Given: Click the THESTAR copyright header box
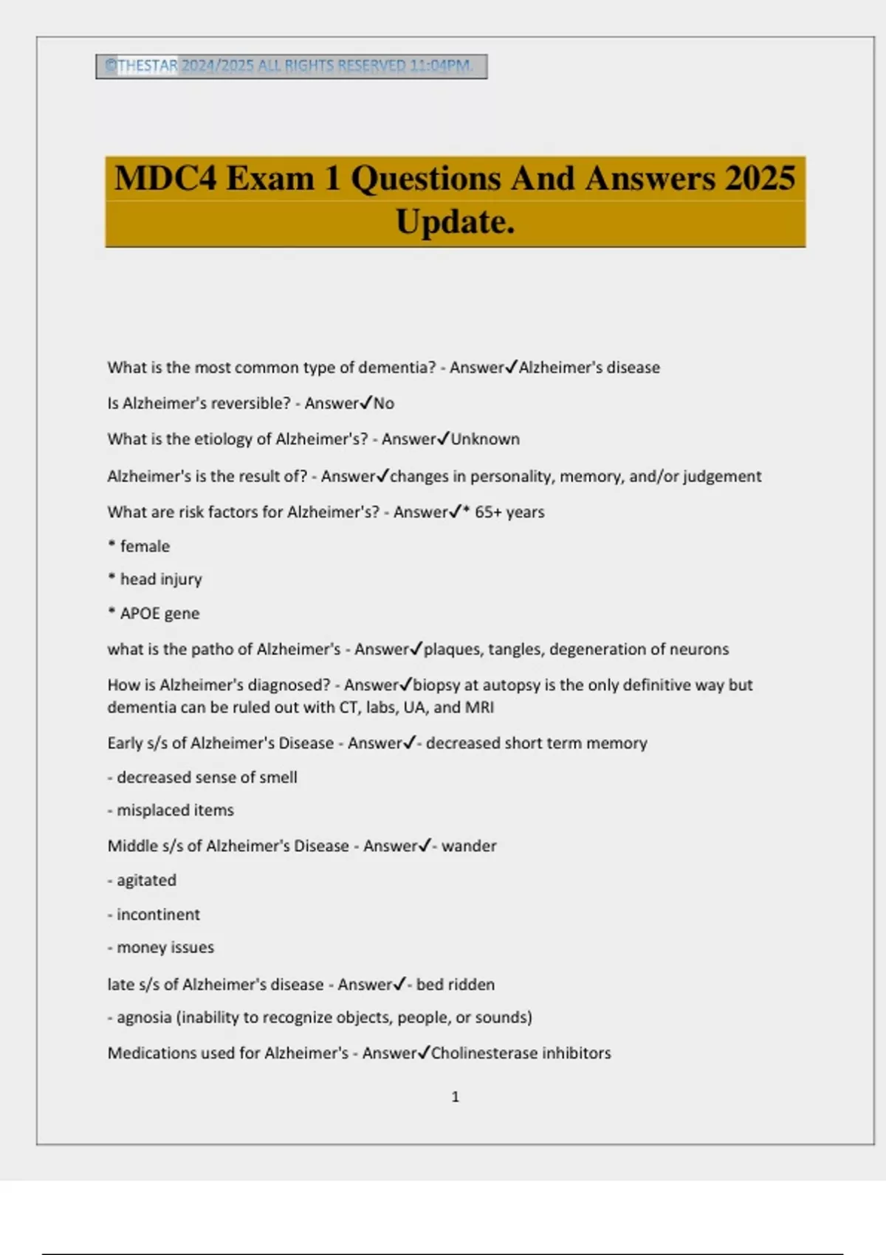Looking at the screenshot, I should coord(291,66).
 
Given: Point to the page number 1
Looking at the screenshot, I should coord(455,1097).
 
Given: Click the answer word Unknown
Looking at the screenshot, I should coord(485,439).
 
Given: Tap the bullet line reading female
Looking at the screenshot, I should coord(144,546).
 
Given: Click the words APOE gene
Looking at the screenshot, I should coord(159,613).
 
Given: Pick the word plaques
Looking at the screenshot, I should coord(451,650).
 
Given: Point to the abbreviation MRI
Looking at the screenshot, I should coord(479,707).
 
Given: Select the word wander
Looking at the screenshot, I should coord(469,846).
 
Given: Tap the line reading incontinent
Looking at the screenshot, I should coord(158,915).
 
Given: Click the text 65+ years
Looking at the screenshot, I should coord(509,512).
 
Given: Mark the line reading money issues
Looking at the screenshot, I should coord(165,948).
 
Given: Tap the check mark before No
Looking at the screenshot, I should coord(365,403).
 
